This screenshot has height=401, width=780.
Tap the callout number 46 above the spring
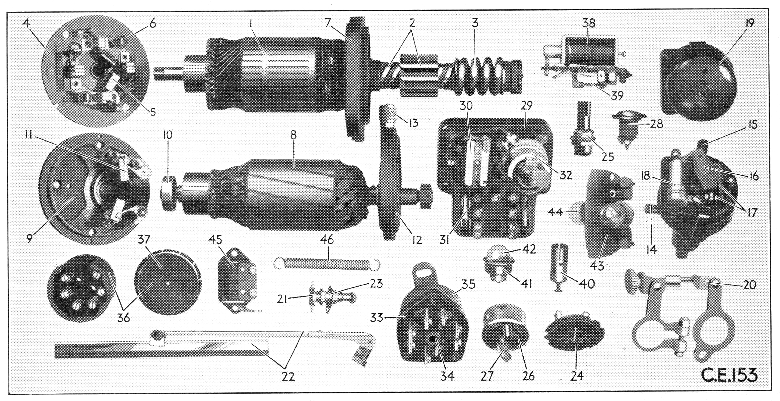327,240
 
